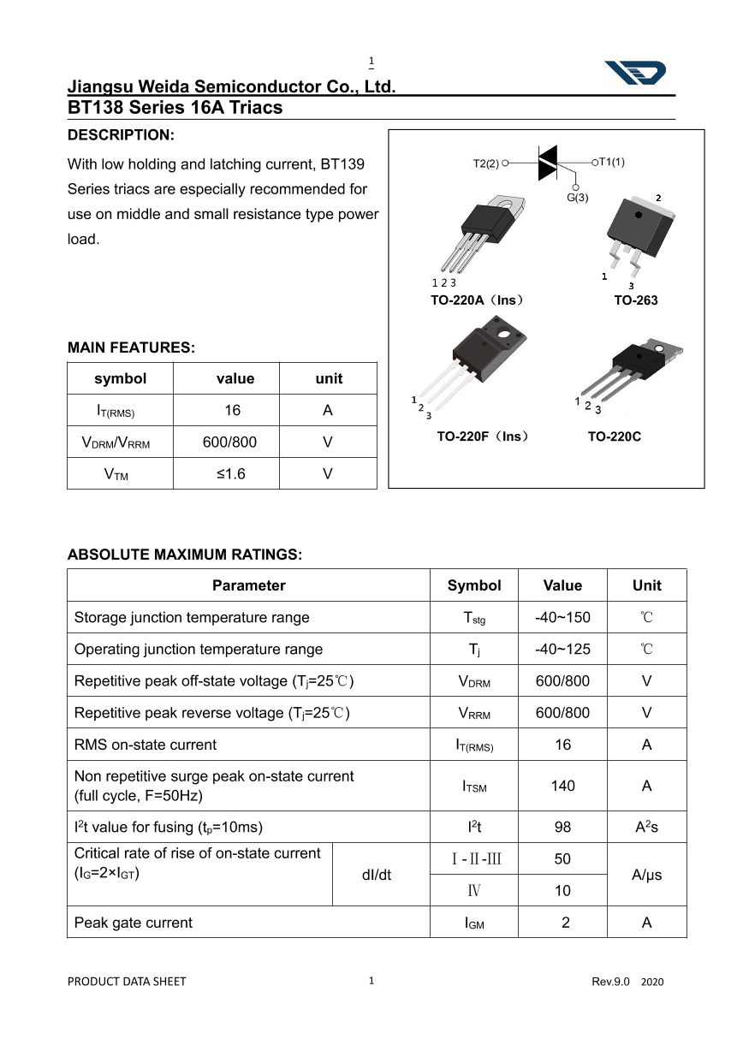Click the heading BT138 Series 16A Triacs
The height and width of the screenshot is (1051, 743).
175,108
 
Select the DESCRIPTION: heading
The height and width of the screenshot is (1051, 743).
121,135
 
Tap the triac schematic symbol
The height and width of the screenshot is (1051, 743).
548,163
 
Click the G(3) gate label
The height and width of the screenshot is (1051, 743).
578,198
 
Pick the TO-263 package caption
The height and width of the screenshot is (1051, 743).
635,300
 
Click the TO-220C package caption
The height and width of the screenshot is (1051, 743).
614,436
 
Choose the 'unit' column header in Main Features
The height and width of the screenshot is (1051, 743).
329,378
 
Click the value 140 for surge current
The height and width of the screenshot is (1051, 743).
562,786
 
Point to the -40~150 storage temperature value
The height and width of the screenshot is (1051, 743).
562,617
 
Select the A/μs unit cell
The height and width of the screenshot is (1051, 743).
646,875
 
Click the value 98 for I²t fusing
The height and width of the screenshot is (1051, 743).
562,828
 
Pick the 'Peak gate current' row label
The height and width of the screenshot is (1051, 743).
134,923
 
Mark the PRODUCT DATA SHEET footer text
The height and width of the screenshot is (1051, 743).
127,982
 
